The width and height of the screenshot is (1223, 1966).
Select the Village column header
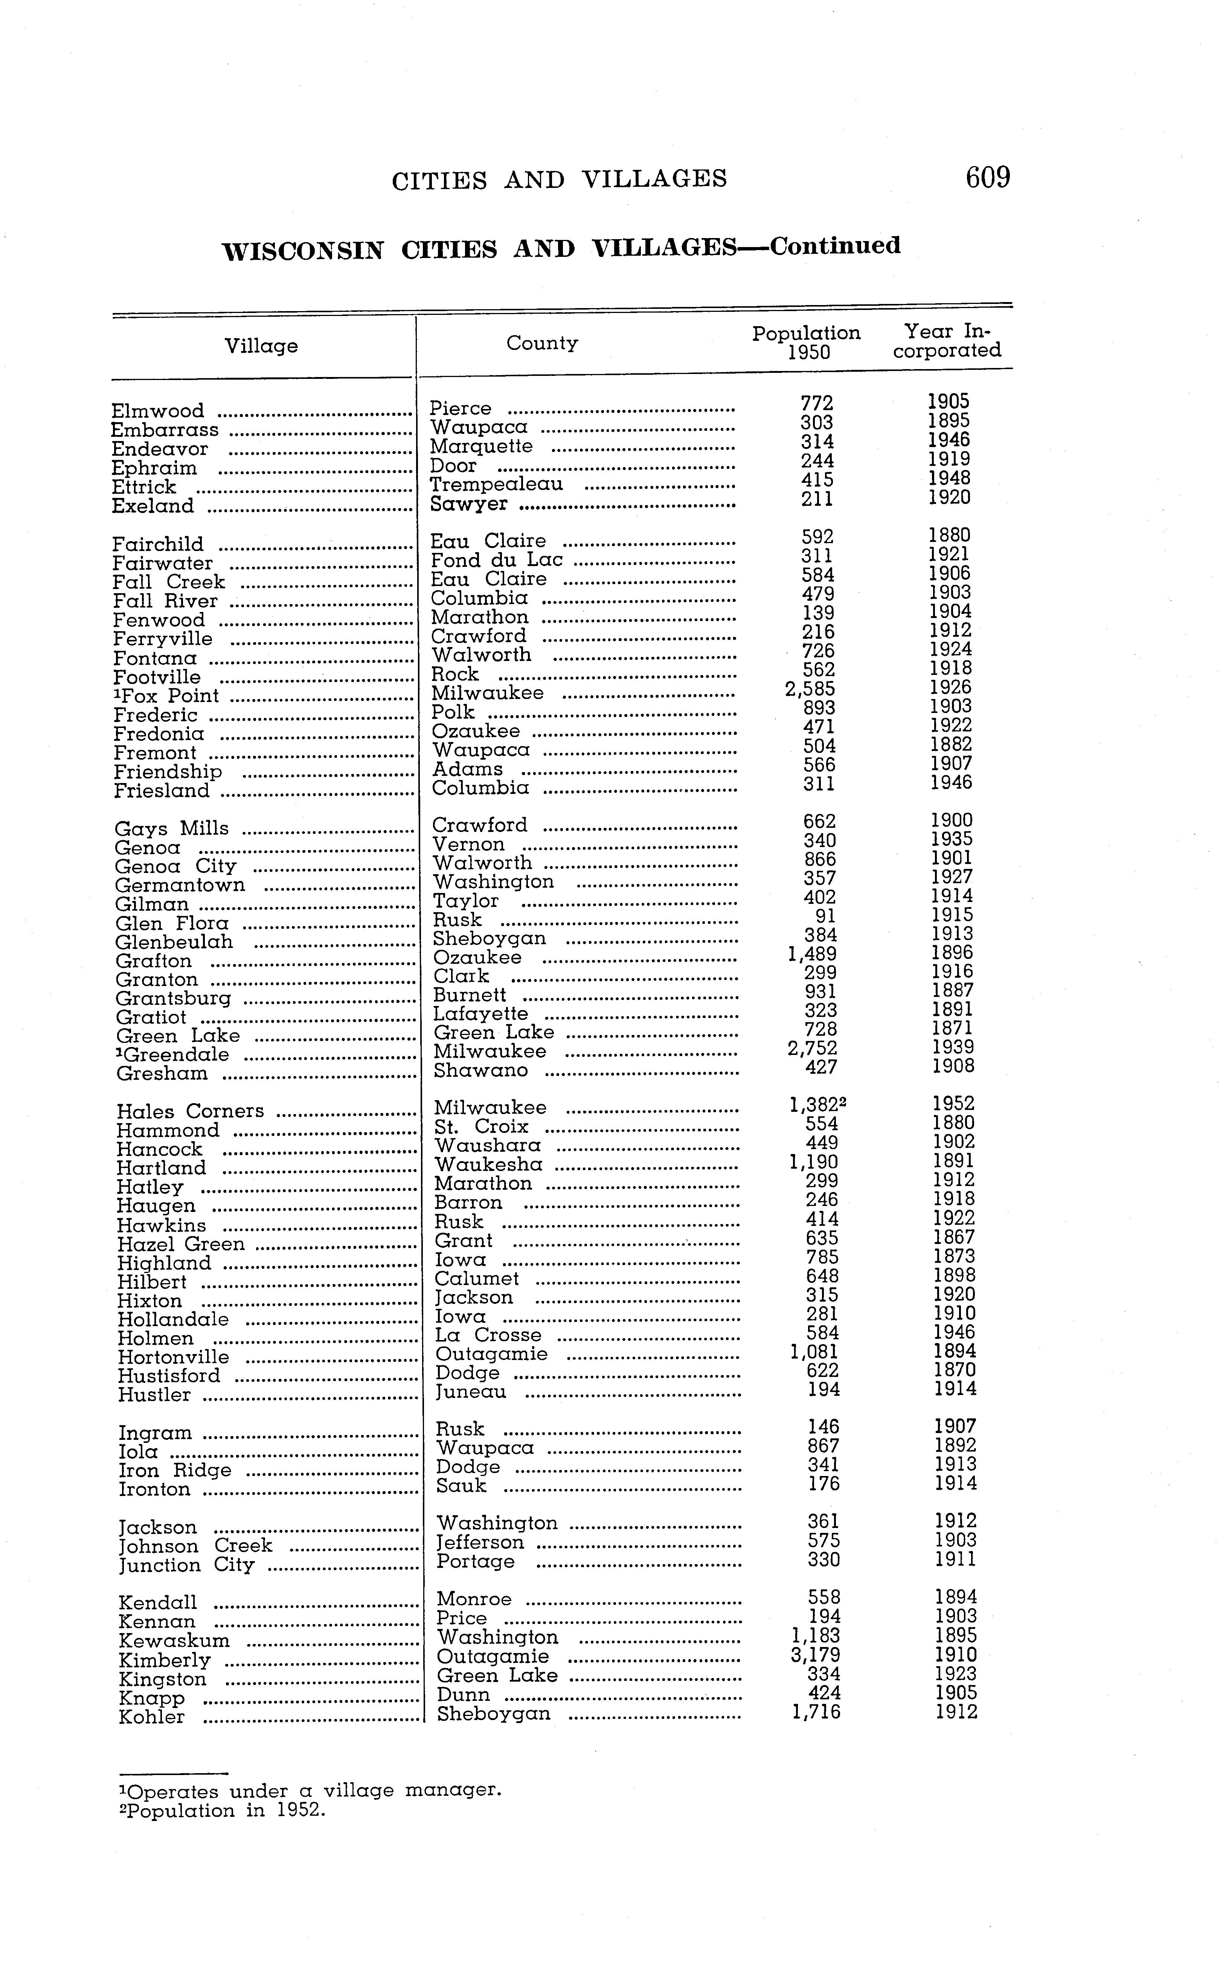(261, 346)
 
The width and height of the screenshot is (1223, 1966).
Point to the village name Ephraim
(154, 469)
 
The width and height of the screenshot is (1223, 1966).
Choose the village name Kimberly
(165, 1660)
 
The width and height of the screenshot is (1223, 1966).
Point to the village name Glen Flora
(172, 923)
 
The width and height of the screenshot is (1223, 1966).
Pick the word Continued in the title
(835, 246)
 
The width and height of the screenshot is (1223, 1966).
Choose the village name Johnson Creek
(196, 1546)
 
